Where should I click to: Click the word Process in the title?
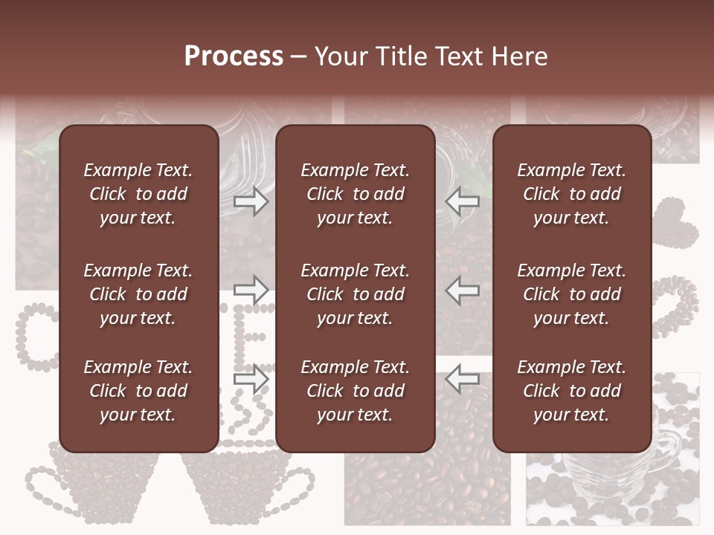[234, 56]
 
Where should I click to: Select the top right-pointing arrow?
[251, 201]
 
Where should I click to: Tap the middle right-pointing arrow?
[251, 290]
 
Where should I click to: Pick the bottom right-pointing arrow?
[251, 380]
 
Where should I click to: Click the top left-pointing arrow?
[463, 201]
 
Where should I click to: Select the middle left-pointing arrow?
[463, 290]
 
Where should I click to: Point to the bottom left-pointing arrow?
[463, 380]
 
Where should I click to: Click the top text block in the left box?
[138, 194]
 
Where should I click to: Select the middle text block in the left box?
[138, 294]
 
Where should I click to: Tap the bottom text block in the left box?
[138, 391]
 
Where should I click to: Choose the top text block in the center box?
[355, 194]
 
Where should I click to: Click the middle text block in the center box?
[355, 294]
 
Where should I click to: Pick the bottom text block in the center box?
[355, 391]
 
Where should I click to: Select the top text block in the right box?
[571, 194]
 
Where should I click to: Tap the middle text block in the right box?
[571, 294]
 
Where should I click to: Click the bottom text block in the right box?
[571, 391]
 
